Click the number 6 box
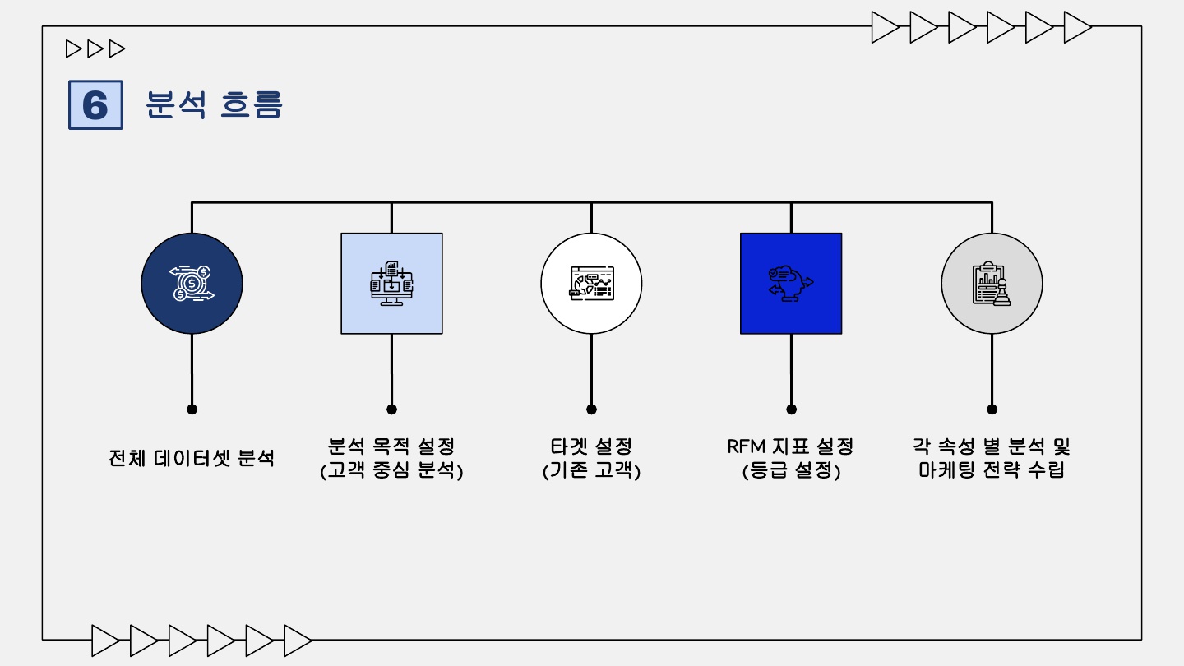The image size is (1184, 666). (95, 105)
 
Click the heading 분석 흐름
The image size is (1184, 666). (214, 105)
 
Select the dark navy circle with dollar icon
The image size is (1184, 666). (192, 284)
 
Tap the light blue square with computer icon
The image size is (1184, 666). (391, 284)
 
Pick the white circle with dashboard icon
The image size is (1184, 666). (591, 284)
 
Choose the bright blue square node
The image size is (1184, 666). (791, 284)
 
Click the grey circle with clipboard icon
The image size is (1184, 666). (992, 284)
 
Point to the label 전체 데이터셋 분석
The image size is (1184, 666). (192, 458)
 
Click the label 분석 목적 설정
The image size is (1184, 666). (391, 446)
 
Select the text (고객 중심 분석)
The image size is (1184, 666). (391, 471)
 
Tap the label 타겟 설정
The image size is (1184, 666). (591, 446)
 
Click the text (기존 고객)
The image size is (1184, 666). (591, 471)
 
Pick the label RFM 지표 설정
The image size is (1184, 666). (791, 446)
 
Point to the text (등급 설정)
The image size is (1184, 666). (791, 471)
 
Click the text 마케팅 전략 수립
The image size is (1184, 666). (992, 471)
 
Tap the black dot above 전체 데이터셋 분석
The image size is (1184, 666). (192, 409)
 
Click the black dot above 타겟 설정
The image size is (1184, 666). (591, 409)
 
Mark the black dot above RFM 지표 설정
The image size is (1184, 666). (791, 409)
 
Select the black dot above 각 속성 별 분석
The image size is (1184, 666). (992, 409)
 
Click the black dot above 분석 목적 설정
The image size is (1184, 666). (391, 409)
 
